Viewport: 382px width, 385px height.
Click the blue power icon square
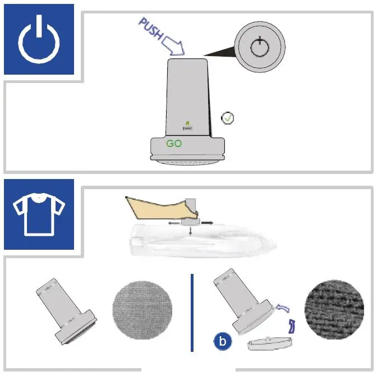(39, 39)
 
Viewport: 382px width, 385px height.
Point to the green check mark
(228, 118)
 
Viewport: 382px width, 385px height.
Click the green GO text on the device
(174, 144)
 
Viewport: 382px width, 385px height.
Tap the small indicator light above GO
(188, 123)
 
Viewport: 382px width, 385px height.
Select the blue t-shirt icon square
(39, 214)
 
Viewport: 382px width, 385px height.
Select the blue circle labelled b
(222, 340)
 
